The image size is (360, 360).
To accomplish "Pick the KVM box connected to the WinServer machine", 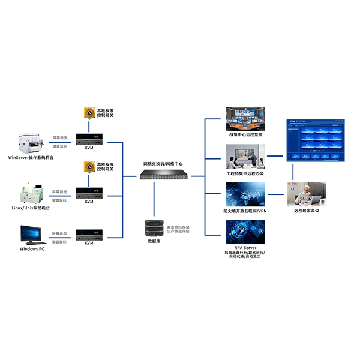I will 89,139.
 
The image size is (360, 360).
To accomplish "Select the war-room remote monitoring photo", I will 245,119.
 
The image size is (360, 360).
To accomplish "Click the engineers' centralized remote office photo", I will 245,157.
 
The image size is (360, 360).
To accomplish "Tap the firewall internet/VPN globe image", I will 245,194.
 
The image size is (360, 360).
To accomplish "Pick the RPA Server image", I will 245,232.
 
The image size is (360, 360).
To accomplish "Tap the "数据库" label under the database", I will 154,241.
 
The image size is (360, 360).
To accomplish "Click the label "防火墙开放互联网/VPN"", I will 245,211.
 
